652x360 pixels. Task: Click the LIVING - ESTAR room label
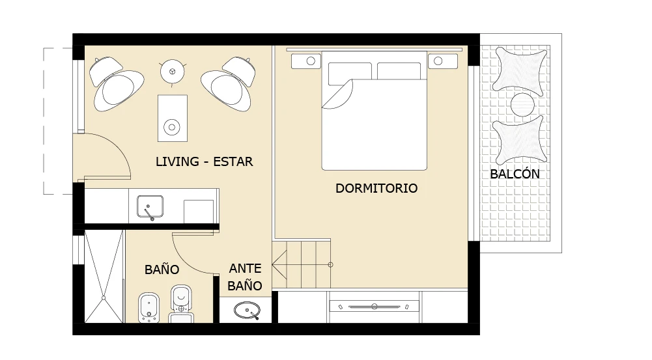(204, 161)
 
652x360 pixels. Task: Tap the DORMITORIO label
(376, 188)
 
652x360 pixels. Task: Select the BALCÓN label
(515, 174)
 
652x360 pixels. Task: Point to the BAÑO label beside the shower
(162, 269)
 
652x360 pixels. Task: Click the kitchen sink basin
(150, 206)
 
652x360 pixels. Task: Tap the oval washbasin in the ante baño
(247, 310)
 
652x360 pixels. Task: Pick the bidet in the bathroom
(149, 308)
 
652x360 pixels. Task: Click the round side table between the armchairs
(172, 71)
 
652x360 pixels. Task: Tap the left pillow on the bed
(350, 73)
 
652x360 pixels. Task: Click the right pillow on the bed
(399, 71)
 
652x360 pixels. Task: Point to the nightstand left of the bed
(306, 61)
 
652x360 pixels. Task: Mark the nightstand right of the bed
(443, 61)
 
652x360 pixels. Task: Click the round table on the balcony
(522, 105)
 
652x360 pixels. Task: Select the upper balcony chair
(520, 71)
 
